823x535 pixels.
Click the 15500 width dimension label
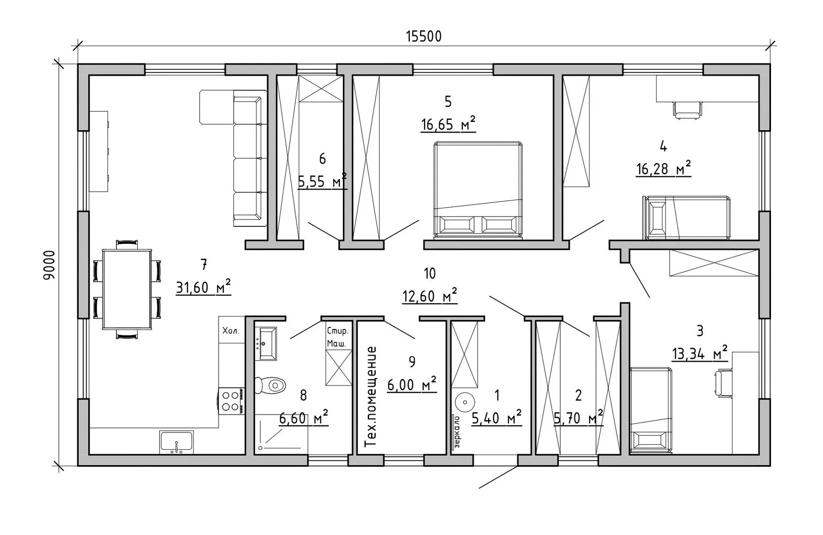[x=424, y=37]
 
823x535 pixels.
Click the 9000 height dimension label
[x=49, y=266]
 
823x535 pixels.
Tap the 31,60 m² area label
[x=204, y=287]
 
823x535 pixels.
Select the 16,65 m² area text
[x=448, y=124]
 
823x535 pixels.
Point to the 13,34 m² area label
[x=700, y=353]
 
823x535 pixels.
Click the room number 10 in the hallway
[x=430, y=273]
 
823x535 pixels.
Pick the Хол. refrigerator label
[x=231, y=331]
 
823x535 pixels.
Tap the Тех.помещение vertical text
[x=372, y=397]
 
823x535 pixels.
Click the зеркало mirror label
[x=457, y=432]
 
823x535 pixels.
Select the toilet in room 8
[x=271, y=385]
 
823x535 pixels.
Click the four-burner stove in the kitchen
[x=231, y=401]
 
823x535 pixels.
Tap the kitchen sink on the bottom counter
[x=176, y=442]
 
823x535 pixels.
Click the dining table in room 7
[x=127, y=289]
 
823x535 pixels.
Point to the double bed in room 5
[x=478, y=190]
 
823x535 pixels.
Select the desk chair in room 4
[x=688, y=110]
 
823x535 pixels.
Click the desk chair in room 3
[x=723, y=383]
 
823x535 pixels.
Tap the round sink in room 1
[x=465, y=402]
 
